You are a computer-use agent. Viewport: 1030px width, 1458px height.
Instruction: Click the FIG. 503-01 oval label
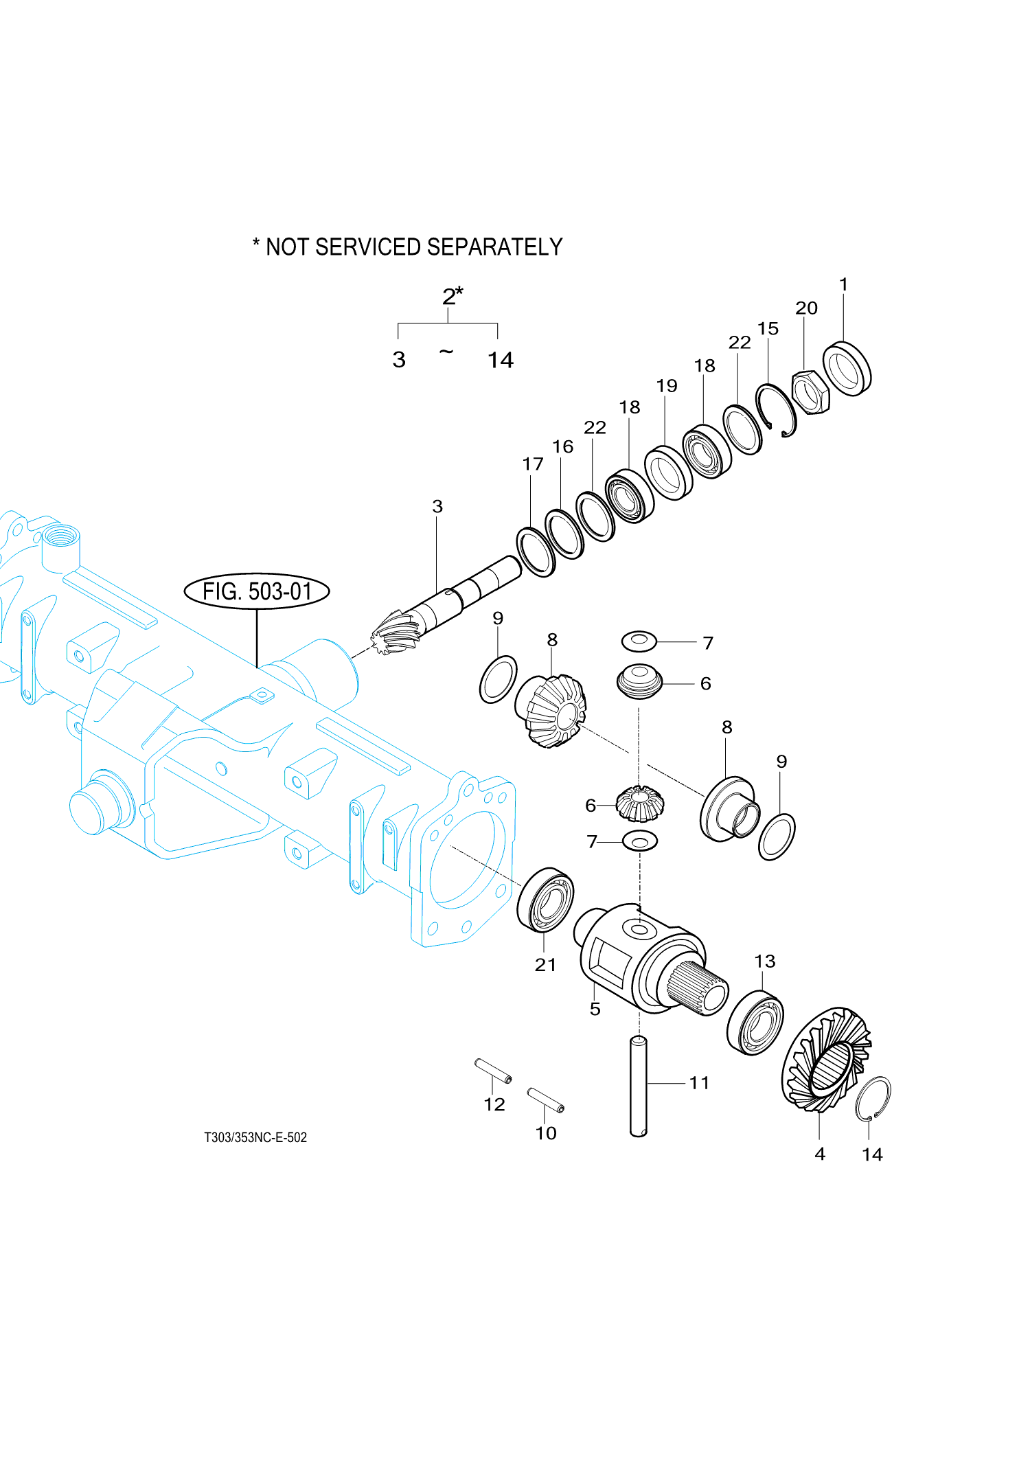click(257, 591)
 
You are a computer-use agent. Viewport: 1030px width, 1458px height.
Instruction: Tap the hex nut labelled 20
click(811, 392)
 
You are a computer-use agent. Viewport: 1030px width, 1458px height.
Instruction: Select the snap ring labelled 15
click(776, 410)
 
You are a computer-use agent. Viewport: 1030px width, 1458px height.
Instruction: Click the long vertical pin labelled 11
click(639, 1086)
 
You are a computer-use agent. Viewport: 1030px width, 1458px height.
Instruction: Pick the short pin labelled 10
click(545, 1099)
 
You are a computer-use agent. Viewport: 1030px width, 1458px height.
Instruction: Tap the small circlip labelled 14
click(873, 1098)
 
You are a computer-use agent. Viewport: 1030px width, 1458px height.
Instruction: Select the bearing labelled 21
click(545, 900)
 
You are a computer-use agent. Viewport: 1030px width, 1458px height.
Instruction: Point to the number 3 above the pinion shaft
click(437, 507)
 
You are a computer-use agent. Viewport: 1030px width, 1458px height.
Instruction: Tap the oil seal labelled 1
click(847, 368)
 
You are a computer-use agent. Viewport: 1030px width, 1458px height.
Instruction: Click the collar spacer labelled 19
click(669, 472)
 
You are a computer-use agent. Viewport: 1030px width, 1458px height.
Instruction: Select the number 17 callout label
click(532, 464)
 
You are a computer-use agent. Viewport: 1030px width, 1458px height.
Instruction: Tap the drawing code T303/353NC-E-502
click(255, 1137)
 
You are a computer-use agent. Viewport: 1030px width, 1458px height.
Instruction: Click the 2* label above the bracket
click(451, 297)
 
